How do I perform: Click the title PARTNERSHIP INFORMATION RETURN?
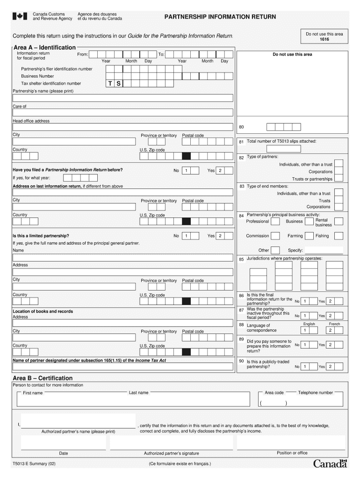[220, 17]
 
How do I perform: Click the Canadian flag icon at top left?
[19, 16]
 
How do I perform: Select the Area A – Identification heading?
[45, 48]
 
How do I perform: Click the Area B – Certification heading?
[43, 378]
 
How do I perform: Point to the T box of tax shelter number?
[110, 84]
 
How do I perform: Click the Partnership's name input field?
[122, 98]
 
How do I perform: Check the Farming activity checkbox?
[310, 236]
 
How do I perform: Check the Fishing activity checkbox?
[338, 236]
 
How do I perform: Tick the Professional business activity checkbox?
[275, 221]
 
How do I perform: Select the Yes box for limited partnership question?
[220, 236]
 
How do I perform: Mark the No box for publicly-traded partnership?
[305, 367]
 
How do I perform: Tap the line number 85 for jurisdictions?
[241, 259]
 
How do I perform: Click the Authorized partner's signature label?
[171, 453]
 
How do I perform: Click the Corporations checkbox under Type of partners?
[339, 172]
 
